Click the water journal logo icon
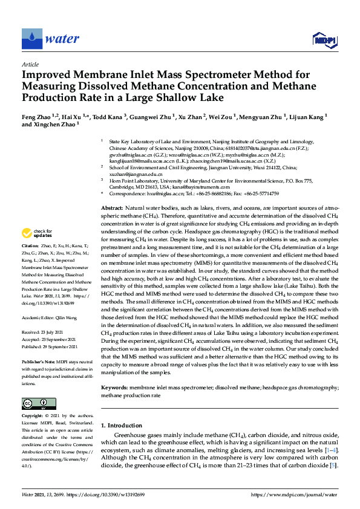click(x=30, y=39)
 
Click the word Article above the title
click(x=30, y=64)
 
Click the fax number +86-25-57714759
click(x=260, y=193)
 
